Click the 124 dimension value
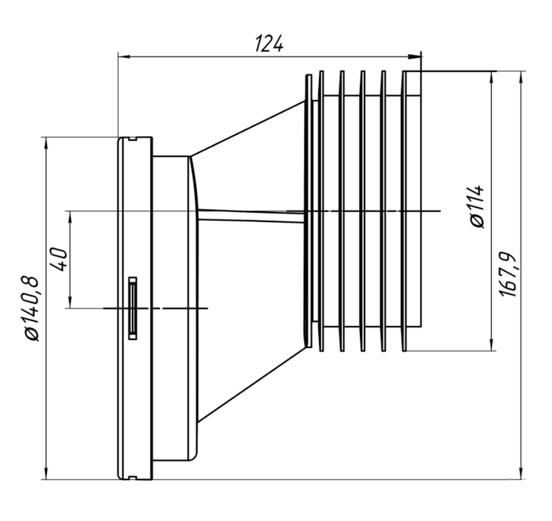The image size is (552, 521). pyautogui.click(x=270, y=43)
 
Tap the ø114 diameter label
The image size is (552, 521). pyautogui.click(x=477, y=206)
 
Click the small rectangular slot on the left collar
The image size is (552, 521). pyautogui.click(x=133, y=308)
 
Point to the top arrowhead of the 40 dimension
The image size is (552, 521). pyautogui.click(x=70, y=216)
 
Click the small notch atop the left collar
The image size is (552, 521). pyautogui.click(x=132, y=139)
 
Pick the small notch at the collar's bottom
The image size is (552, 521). pyautogui.click(x=132, y=478)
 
